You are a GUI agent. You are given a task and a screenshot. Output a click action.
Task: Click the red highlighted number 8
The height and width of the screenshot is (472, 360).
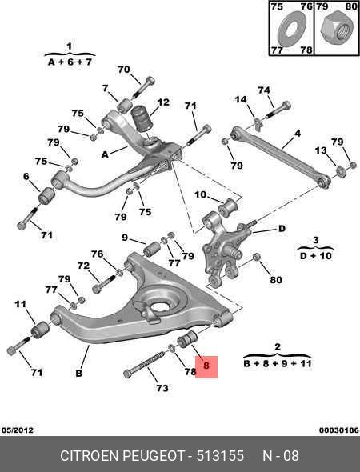coord(206,366)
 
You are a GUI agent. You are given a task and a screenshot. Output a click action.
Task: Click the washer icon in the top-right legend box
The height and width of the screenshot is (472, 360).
coord(291,29)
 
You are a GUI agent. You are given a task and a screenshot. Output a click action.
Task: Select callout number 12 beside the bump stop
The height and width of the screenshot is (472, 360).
coord(163,102)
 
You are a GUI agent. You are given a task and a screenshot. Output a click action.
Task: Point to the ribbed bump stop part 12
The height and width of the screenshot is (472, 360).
coord(142,118)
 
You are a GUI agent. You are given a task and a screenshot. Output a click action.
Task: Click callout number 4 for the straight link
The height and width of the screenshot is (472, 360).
coord(298,133)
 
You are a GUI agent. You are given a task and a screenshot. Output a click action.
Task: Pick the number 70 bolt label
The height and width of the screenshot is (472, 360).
coord(124,70)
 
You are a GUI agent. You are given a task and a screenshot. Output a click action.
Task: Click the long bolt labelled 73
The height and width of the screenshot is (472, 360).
coord(145,363)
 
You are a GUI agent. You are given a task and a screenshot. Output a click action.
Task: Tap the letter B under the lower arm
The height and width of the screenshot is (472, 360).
coord(78,374)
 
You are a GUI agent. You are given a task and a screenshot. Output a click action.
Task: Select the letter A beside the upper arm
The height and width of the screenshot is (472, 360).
coord(105,154)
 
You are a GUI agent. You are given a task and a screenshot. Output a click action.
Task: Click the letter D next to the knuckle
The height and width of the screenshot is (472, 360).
coord(282,229)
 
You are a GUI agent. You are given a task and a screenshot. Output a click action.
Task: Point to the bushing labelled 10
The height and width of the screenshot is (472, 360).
coord(228,207)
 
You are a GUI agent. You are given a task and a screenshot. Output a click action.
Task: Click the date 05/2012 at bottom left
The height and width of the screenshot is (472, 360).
coord(18,430)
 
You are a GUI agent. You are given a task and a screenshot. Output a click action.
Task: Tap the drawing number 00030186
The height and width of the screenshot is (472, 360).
coord(339,430)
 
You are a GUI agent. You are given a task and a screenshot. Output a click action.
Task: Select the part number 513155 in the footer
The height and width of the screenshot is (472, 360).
coord(220,455)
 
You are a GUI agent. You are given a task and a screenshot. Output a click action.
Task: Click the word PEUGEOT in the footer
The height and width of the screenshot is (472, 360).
coord(154,455)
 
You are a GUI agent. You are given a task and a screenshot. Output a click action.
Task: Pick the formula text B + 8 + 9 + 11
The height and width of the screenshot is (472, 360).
coord(278,364)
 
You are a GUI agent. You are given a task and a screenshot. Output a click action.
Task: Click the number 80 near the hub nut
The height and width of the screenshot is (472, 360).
coord(276,280)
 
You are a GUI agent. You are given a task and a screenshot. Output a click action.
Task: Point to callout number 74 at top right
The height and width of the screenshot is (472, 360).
coord(264,90)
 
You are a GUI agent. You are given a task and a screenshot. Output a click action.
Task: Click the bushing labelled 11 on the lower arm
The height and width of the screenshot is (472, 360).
coord(40,330)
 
